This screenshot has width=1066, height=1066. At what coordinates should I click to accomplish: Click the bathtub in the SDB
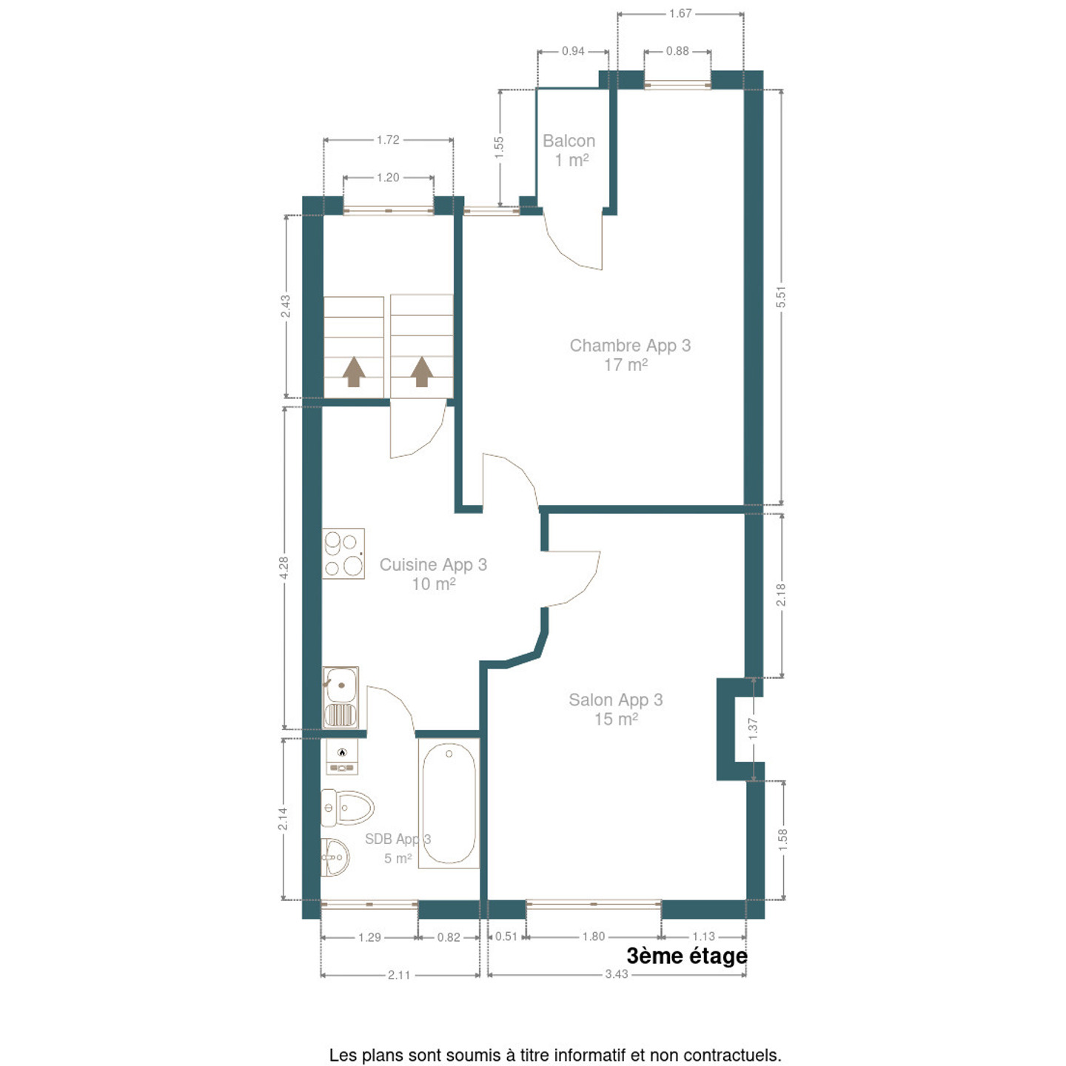point(449,803)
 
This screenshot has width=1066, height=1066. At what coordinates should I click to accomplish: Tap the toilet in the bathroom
point(347,808)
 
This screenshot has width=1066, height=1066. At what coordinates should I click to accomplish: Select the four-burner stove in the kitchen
point(343,554)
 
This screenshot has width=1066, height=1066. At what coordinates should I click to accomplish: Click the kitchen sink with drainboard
point(341,698)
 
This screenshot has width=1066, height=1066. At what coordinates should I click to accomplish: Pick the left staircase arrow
point(354,372)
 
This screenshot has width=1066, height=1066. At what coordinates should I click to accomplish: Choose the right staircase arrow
point(422,372)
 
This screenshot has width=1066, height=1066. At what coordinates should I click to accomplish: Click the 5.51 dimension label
point(780,297)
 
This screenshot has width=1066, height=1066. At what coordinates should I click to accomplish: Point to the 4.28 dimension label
point(284,568)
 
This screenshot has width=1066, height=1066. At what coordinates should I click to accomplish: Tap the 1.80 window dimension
point(594,936)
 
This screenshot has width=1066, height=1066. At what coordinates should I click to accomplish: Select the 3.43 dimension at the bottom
point(616,974)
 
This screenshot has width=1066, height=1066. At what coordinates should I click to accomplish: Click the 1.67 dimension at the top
point(680,13)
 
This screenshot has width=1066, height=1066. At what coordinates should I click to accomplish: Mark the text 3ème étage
point(687,956)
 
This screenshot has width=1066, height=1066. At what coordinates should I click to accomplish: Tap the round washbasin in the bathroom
point(335,857)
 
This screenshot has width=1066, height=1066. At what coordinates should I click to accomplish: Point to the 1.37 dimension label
point(753,729)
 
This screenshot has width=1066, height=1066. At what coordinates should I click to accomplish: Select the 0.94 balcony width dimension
point(573,51)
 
